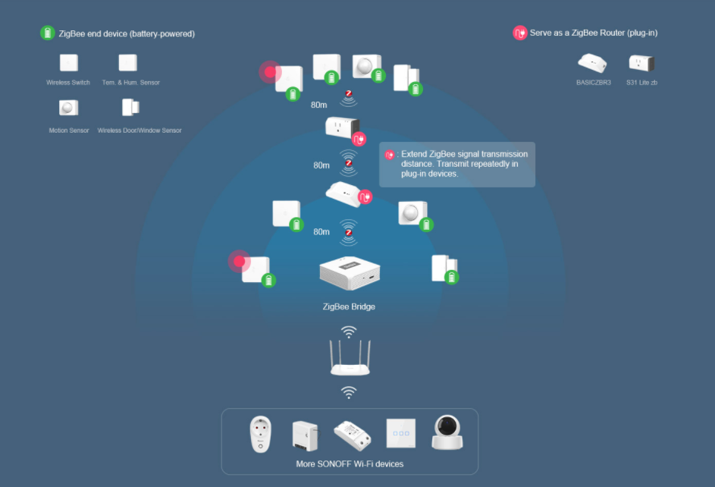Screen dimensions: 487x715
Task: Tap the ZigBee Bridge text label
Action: coord(349,307)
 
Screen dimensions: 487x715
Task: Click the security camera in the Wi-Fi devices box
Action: coord(447,432)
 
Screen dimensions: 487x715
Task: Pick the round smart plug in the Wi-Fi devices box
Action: coord(261,434)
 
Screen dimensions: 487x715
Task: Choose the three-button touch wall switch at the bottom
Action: coord(400,434)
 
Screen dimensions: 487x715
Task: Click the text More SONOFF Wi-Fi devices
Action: coord(350,463)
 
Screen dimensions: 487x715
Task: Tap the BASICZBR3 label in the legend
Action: coord(593,82)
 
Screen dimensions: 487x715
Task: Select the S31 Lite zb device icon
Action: coord(641,63)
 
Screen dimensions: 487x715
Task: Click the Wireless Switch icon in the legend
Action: coord(69,62)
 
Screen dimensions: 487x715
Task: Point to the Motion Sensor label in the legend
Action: coord(69,130)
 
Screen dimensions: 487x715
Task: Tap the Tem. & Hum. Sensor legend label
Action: coord(131,82)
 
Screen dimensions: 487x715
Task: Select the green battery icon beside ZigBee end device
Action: coord(48,33)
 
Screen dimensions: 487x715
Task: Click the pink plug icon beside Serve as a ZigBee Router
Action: coord(519,33)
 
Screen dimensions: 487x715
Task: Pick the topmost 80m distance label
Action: coord(319,105)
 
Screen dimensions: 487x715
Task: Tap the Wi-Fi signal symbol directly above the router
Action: coord(349,332)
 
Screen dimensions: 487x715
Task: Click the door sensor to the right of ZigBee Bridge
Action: coord(444,268)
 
